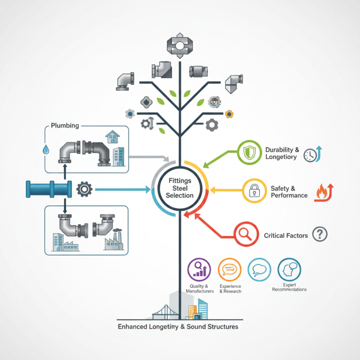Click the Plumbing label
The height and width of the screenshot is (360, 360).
(65, 125)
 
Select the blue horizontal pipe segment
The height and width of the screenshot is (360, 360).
(49, 189)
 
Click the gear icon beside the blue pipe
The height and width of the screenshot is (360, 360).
(84, 189)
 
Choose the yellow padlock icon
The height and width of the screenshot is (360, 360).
(252, 190)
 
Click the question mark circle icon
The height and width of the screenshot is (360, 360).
(319, 234)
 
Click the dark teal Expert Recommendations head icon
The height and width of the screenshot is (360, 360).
(289, 269)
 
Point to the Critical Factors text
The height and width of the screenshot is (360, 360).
(286, 235)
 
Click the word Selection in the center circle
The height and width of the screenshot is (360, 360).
(180, 195)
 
